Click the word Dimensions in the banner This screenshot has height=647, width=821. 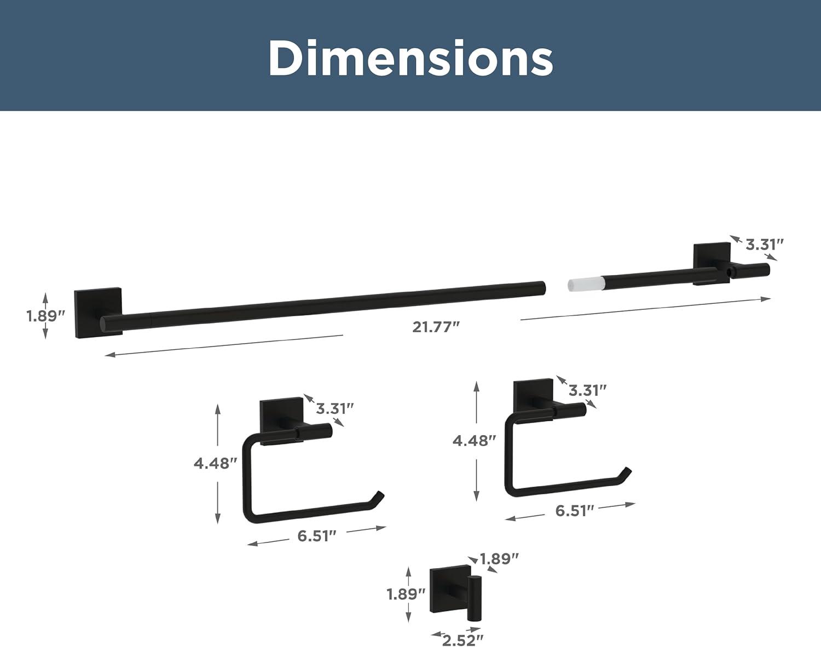pos(410,59)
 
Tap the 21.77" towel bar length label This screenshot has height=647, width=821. pos(436,327)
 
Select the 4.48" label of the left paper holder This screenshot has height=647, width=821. pos(215,464)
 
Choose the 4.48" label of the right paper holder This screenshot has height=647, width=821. pos(474,441)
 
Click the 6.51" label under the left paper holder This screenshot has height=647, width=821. pos(317,536)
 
